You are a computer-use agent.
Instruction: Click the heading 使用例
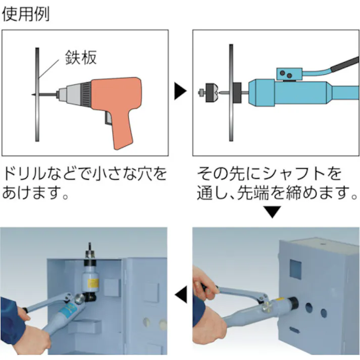pos(25,14)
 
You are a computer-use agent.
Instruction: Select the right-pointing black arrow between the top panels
pos(180,92)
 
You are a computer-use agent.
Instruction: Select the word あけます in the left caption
pos(30,193)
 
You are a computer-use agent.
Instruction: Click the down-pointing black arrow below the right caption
pos(273,213)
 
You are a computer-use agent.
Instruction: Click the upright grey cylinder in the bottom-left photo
pos(91,276)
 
